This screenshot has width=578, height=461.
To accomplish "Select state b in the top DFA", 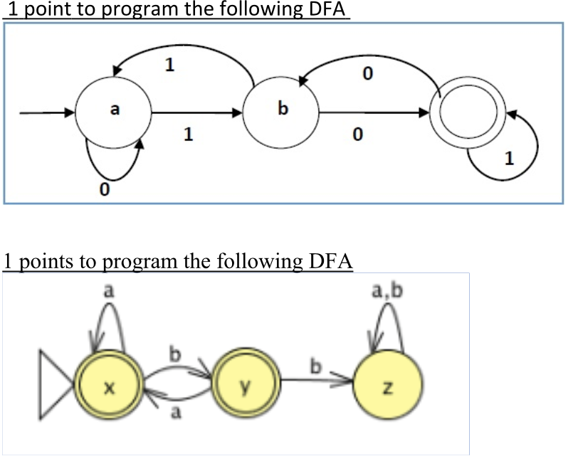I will click(x=281, y=112).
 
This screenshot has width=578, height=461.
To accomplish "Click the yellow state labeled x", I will click(x=107, y=387).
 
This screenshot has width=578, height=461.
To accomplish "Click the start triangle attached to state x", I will click(x=56, y=387).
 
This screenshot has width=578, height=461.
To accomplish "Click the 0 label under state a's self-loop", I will click(x=105, y=191).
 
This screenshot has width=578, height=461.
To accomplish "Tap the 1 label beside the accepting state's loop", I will click(x=508, y=160).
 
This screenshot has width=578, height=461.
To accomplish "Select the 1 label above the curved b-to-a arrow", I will click(x=169, y=65).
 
